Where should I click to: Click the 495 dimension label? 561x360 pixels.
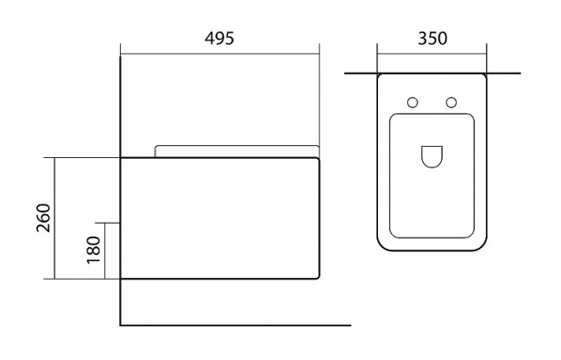click(219, 38)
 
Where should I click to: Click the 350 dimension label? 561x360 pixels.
click(432, 38)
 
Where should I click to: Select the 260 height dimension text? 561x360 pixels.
click(44, 218)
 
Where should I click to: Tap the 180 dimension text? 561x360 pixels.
click(94, 249)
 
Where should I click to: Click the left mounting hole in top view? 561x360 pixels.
click(413, 103)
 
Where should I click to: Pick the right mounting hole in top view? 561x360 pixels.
click(451, 103)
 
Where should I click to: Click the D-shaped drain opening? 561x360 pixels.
click(432, 157)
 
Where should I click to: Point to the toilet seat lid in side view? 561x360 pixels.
click(236, 151)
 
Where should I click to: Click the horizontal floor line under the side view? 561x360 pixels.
click(236, 325)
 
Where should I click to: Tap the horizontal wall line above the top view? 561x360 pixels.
click(432, 73)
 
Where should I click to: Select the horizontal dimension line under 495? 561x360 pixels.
click(220, 54)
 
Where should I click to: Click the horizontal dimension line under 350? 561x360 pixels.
click(432, 54)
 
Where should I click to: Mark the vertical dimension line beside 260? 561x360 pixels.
click(54, 218)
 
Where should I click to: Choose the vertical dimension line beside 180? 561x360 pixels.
click(104, 250)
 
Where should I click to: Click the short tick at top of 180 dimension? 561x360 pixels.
click(107, 223)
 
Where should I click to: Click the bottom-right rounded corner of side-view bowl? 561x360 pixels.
click(317, 276)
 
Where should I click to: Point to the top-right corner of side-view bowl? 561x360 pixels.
click(318, 159)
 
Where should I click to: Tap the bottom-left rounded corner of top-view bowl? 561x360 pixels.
click(381, 246)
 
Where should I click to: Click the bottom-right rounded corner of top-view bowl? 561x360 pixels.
click(482, 246)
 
